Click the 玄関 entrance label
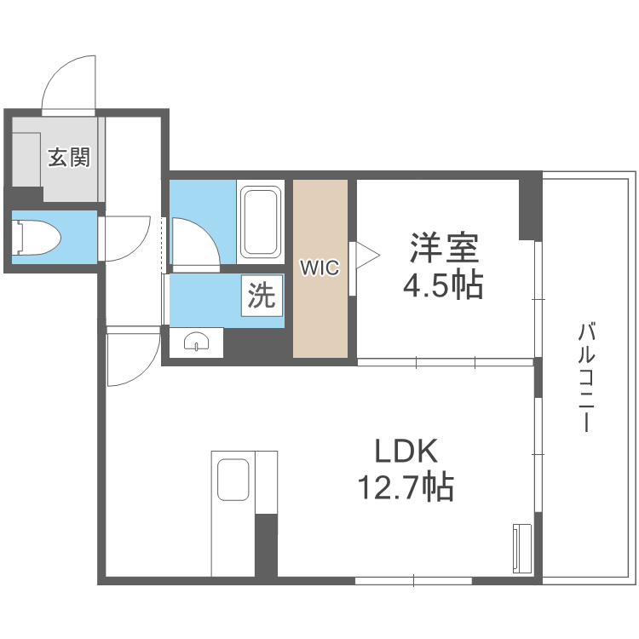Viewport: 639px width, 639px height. (69, 158)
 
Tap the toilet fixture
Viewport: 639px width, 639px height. (37, 238)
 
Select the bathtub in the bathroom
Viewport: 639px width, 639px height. (262, 222)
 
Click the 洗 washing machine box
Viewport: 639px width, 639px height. (262, 296)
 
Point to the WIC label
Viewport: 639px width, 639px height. (319, 268)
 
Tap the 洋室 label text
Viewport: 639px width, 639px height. (444, 247)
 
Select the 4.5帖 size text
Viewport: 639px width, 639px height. (443, 284)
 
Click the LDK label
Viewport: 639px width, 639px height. (406, 451)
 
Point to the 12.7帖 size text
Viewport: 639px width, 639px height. (406, 486)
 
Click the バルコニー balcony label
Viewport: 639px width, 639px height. (586, 377)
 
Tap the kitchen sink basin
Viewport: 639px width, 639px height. (233, 480)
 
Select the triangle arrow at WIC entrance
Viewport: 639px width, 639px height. (368, 256)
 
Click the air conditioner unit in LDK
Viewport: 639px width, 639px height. (522, 549)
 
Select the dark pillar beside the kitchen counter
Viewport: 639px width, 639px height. (266, 545)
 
